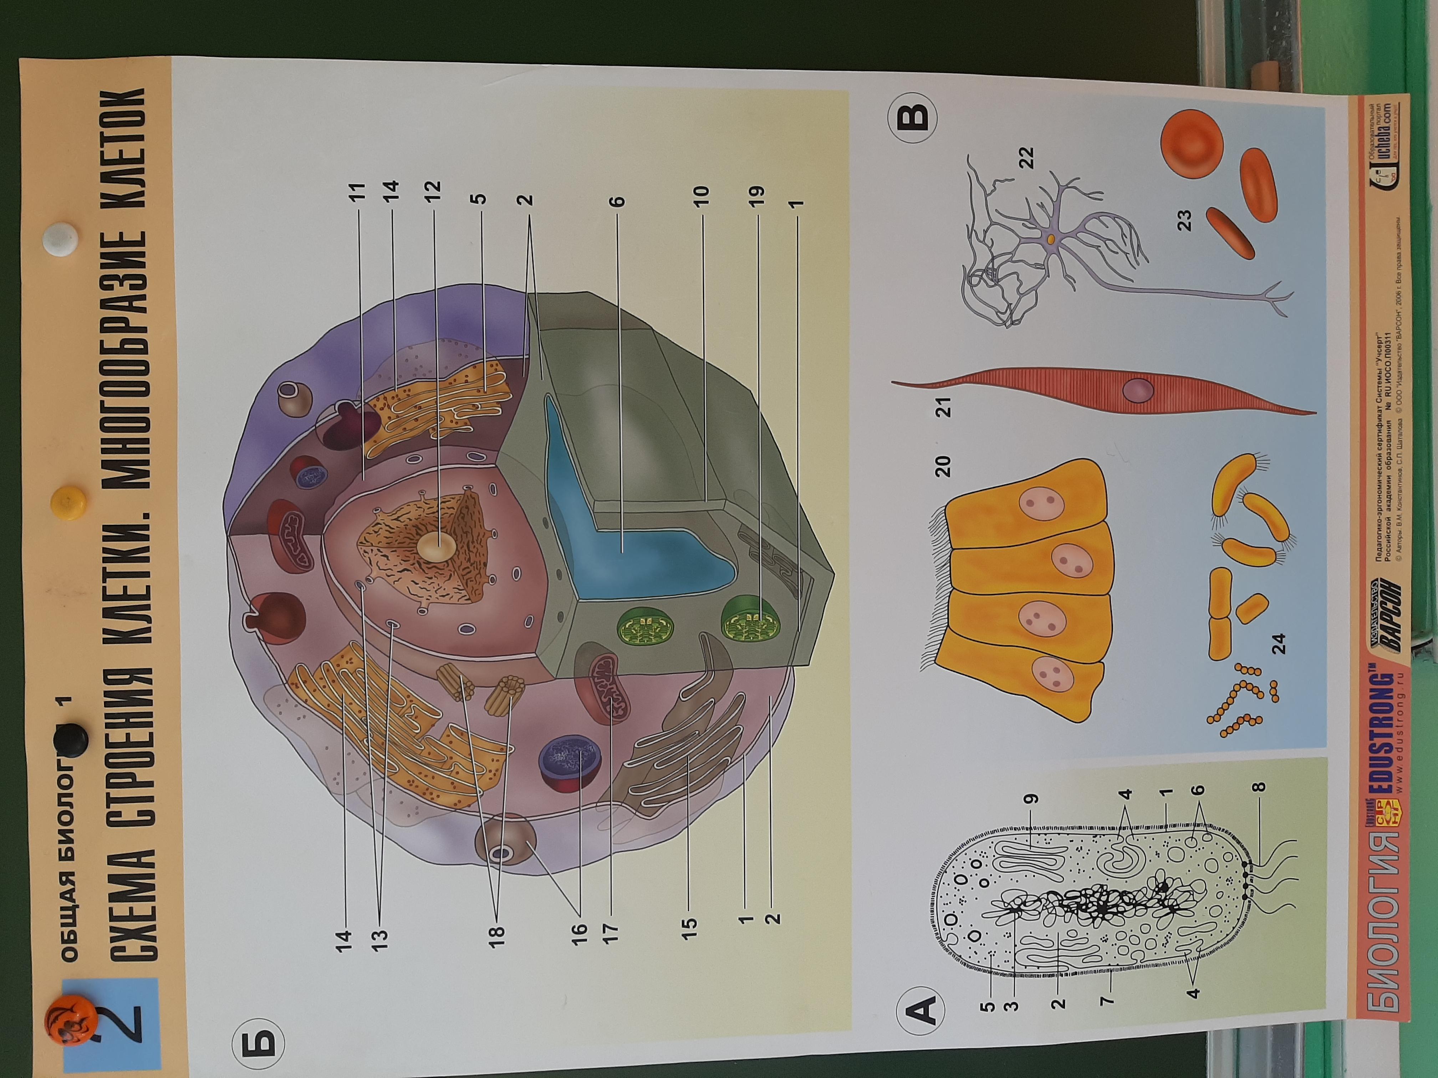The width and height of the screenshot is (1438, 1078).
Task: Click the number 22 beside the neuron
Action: point(1026,158)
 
